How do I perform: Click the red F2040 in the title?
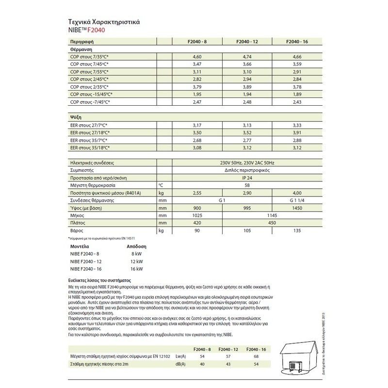97,31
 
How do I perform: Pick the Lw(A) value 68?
255,356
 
